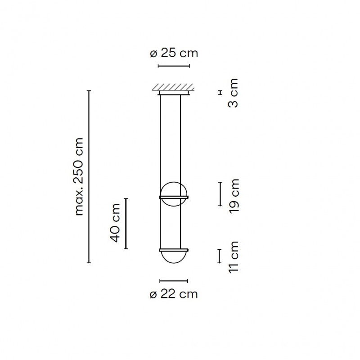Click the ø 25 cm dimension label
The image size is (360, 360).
tap(173, 54)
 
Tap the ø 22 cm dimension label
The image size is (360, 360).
tap(173, 294)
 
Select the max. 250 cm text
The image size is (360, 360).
tap(80, 176)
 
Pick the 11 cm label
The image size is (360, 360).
tap(234, 257)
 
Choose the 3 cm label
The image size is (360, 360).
tap(234, 93)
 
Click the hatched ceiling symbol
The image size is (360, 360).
tap(174, 87)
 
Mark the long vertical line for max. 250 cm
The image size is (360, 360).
tap(89, 176)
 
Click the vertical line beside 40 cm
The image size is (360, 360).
tap(126, 223)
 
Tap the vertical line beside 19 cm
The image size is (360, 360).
tap(220, 193)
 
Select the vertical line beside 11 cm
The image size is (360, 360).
tap(220, 256)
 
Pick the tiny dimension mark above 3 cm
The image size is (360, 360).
tap(220, 92)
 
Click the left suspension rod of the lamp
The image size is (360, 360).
tap(161, 144)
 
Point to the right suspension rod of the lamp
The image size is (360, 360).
tap(181, 144)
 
